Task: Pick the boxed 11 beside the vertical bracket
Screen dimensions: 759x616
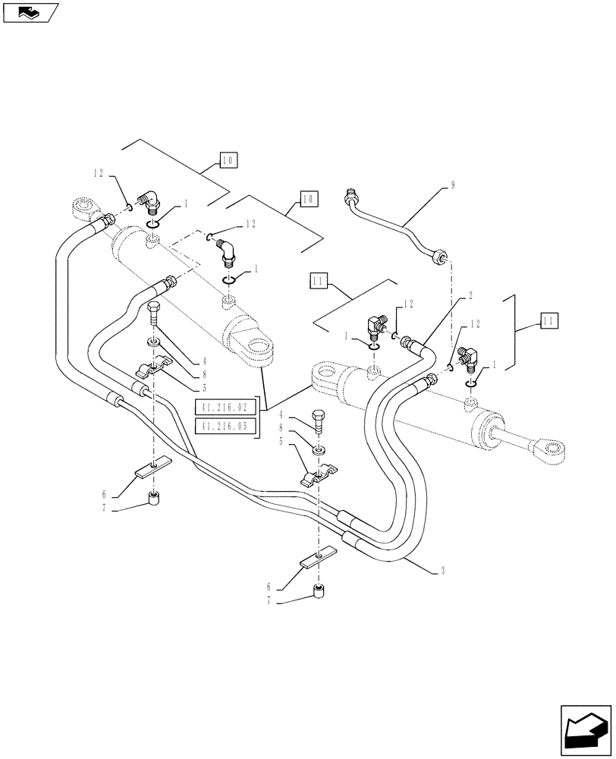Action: pos(548,321)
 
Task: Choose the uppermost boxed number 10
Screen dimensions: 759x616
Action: pos(228,159)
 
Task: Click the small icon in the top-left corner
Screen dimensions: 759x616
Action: pos(30,12)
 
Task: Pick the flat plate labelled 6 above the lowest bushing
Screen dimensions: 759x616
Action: pos(319,559)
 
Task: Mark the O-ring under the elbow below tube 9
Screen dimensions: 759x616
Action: pos(471,381)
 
